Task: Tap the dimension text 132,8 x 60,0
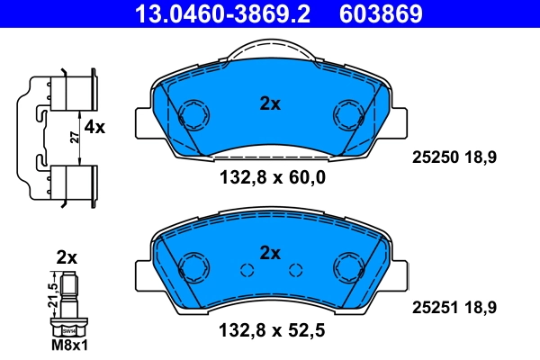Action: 271,178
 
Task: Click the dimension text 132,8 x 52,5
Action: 271,330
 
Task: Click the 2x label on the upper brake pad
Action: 270,103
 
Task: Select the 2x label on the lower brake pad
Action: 270,252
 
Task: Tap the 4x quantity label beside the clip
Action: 94,128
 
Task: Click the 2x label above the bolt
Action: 67,257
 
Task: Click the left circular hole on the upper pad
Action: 193,114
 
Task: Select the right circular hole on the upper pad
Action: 347,114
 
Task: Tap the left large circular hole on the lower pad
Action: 193,267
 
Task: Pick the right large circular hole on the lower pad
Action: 347,267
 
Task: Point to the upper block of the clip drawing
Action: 70,91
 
